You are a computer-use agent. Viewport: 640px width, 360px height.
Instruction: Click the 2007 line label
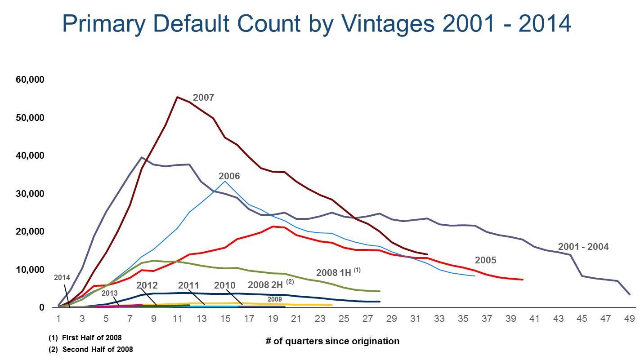203,98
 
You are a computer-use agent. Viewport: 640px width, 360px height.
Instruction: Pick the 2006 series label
229,176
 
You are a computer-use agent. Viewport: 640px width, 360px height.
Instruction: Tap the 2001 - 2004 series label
583,247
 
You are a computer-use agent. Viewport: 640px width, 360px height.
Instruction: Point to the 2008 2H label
267,285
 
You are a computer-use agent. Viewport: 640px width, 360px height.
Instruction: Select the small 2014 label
62,277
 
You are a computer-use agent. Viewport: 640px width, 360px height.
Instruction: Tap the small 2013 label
109,293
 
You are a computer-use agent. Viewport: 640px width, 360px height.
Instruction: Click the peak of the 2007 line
177,97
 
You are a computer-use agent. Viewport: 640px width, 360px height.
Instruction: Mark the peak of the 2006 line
225,181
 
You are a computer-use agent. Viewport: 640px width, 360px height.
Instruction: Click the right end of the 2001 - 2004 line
629,294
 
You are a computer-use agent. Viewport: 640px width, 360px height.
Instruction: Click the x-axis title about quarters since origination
332,341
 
